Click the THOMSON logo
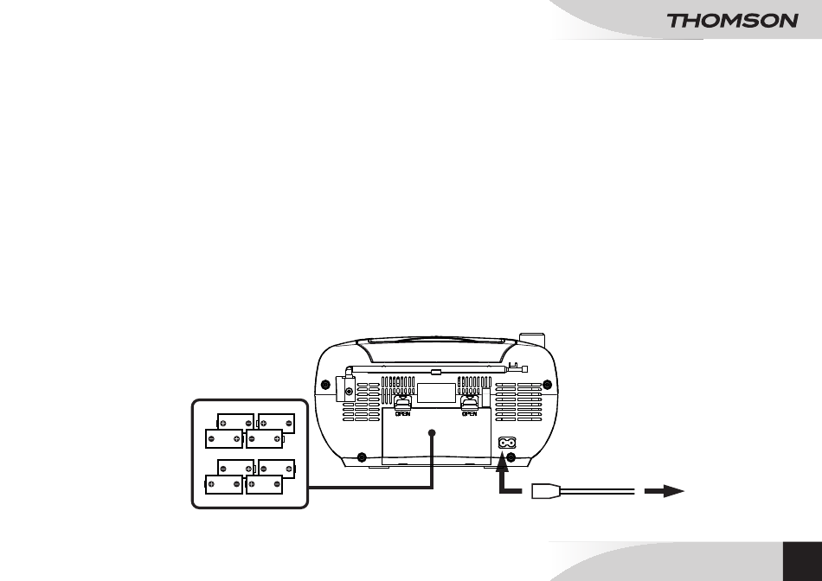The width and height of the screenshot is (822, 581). pyautogui.click(x=732, y=21)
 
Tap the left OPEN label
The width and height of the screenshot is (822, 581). pyautogui.click(x=402, y=414)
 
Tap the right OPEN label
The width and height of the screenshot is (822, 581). pyautogui.click(x=469, y=414)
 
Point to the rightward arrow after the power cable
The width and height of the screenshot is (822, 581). pyautogui.click(x=665, y=491)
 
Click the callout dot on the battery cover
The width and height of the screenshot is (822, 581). pyautogui.click(x=432, y=433)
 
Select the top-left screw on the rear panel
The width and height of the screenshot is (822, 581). pyautogui.click(x=325, y=385)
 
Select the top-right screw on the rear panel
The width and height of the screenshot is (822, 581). pyautogui.click(x=548, y=385)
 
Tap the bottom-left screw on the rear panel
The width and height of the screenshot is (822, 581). pyautogui.click(x=361, y=457)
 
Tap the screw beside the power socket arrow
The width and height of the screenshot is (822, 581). pyautogui.click(x=511, y=458)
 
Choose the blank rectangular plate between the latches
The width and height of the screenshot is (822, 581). pyautogui.click(x=436, y=393)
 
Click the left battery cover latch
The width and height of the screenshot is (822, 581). pyautogui.click(x=402, y=402)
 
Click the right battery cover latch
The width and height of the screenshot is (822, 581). pyautogui.click(x=469, y=402)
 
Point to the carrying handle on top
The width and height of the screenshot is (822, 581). pyautogui.click(x=436, y=350)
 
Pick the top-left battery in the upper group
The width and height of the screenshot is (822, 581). pyautogui.click(x=235, y=422)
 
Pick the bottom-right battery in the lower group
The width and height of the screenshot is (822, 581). pyautogui.click(x=264, y=485)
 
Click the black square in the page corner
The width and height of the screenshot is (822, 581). pyautogui.click(x=803, y=561)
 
